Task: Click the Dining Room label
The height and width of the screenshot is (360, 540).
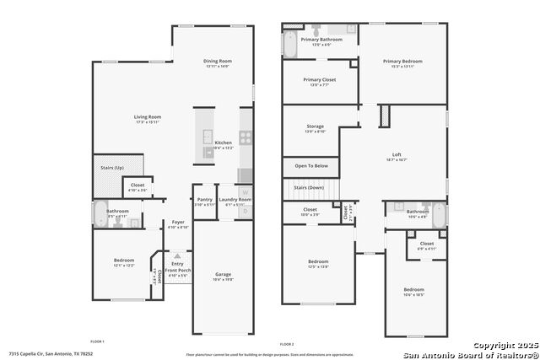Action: (217, 61)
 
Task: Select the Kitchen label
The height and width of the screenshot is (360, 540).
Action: (223, 142)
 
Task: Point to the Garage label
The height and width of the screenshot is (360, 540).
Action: (223, 274)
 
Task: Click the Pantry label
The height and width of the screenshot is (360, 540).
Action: (204, 200)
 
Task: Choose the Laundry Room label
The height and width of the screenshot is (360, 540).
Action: (234, 200)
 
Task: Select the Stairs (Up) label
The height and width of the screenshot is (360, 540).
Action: (112, 168)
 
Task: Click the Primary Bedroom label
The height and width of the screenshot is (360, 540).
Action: (402, 61)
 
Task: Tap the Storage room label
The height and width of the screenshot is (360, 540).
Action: (315, 127)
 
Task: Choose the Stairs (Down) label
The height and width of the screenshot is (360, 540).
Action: (309, 187)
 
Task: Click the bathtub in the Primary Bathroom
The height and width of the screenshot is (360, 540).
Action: (290, 45)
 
